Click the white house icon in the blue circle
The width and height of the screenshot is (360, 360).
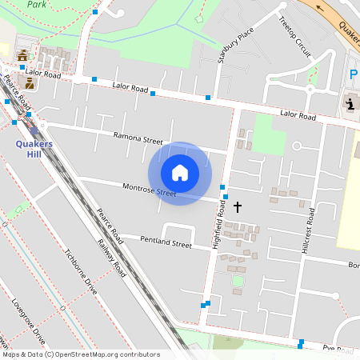180,173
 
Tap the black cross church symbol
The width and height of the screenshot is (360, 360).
237,207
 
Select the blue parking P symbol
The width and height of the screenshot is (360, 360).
353,74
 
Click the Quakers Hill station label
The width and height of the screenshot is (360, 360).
34,148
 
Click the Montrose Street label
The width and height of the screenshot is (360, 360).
149,190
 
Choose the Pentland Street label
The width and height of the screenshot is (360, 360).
166,242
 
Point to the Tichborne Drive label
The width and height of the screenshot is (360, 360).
80,271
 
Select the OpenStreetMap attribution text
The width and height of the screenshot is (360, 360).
80,354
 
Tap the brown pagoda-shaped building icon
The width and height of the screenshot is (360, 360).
22,55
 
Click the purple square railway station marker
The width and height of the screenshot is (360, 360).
33,130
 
